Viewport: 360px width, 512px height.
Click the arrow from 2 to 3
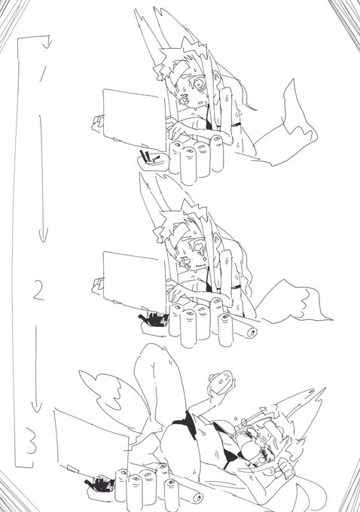(38, 369)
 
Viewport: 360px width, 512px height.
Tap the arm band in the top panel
(237, 123)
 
